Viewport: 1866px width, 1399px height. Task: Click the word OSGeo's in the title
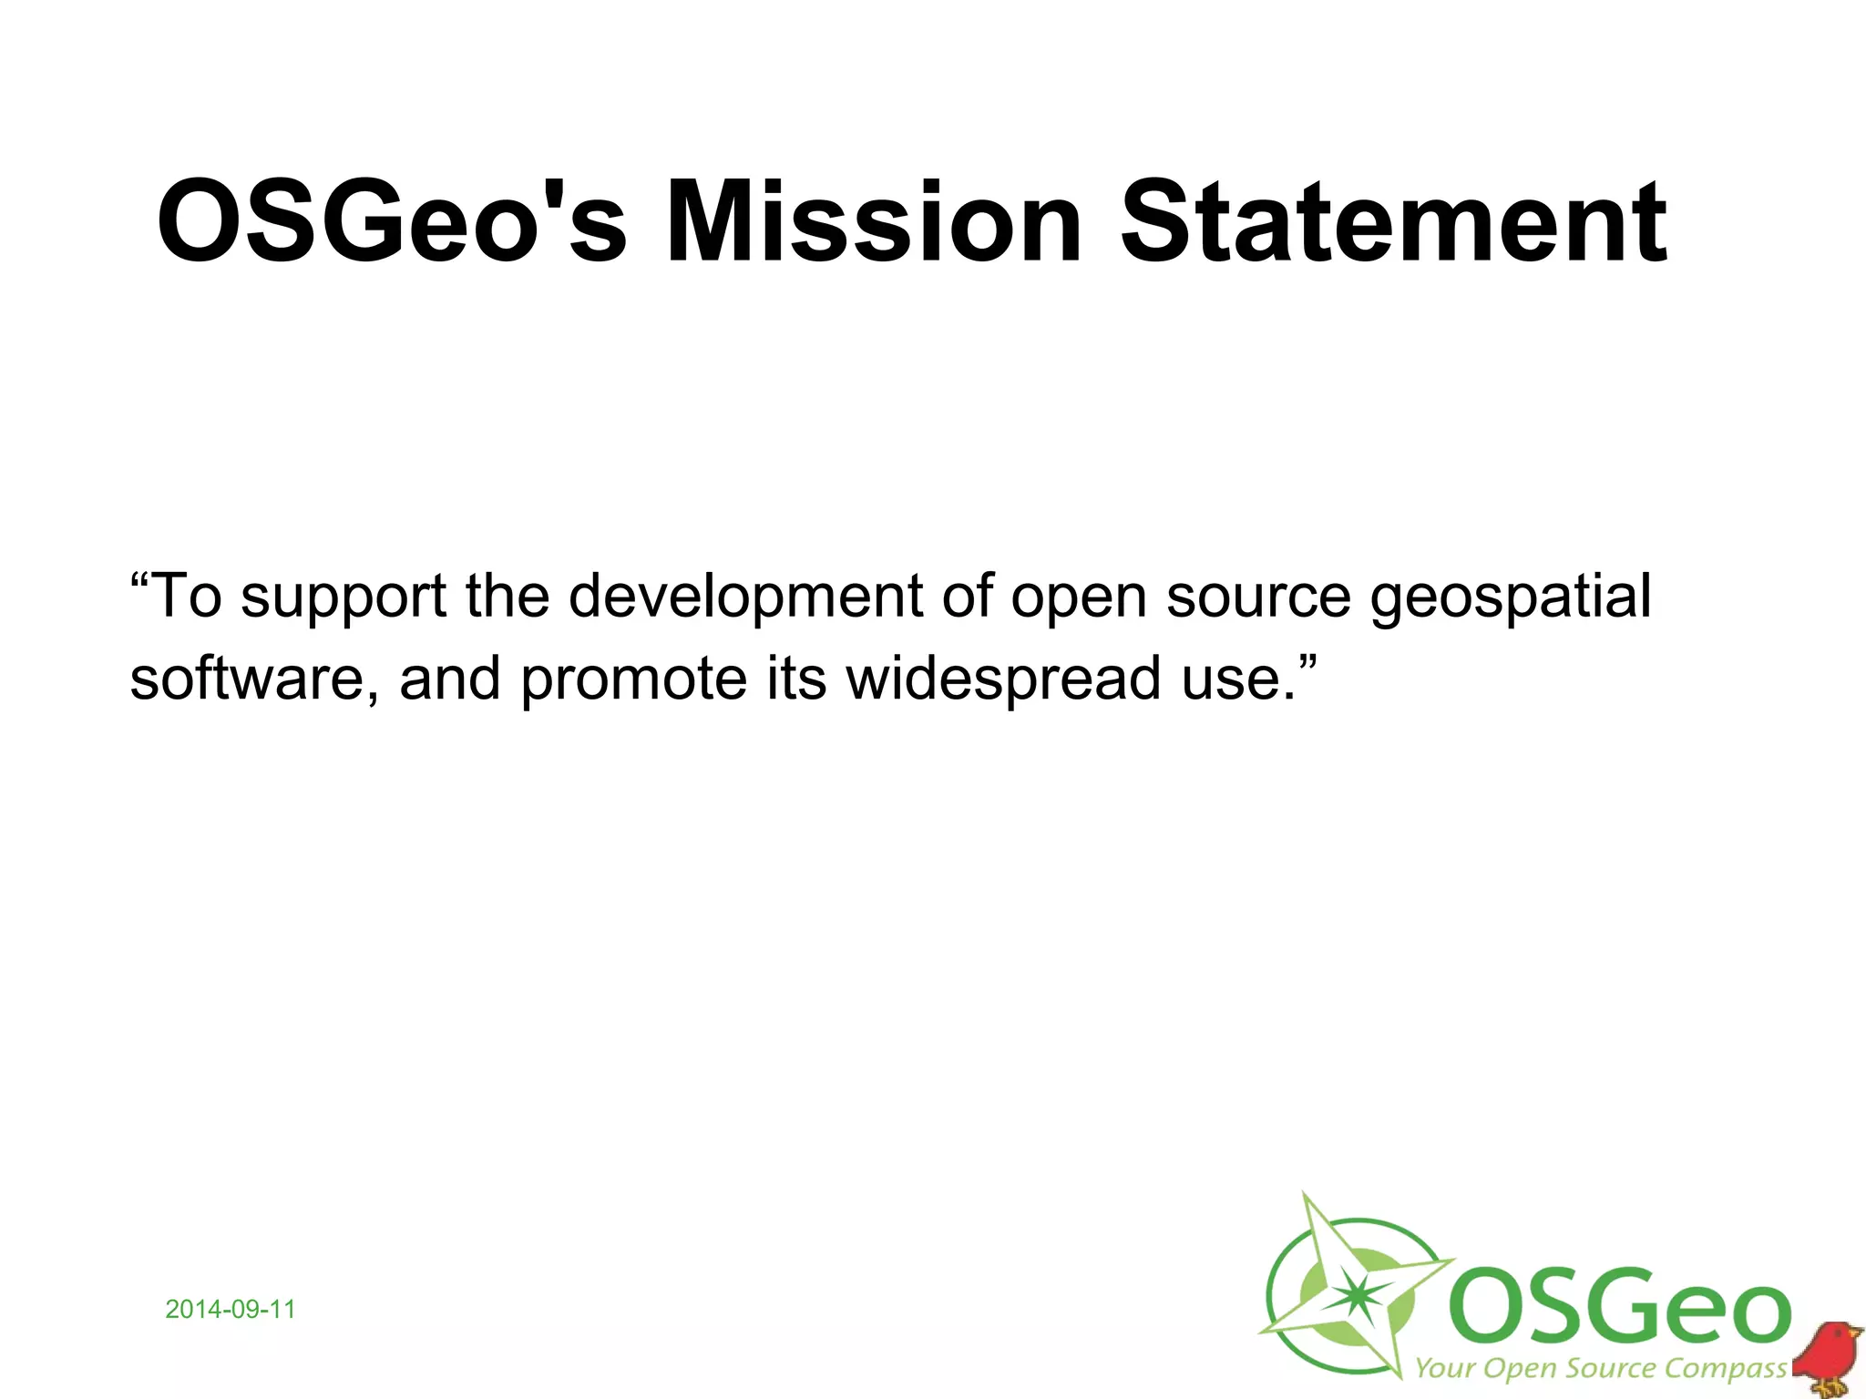point(392,221)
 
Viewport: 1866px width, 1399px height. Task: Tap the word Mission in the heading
point(873,221)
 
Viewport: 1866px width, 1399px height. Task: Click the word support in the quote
point(343,597)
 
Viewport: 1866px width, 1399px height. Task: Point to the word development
point(746,597)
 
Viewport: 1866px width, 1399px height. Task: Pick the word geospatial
point(1511,597)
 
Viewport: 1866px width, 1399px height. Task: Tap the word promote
point(634,679)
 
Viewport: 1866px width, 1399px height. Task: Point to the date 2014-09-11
point(231,1310)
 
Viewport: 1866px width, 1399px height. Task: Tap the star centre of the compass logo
point(1358,1292)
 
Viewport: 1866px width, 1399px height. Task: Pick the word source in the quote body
point(1258,597)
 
